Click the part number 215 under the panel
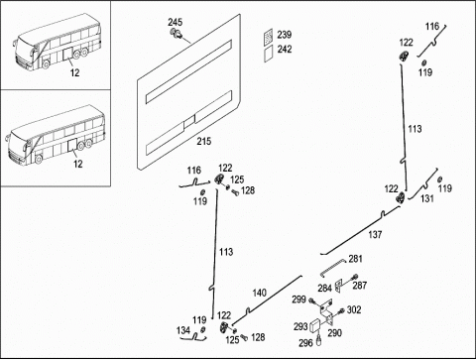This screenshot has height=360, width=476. pos(204,141)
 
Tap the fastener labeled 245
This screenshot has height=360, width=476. pos(176,34)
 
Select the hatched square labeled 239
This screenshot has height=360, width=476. pos(269,36)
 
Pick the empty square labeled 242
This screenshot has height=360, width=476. pos(269,54)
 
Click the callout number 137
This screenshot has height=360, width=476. pos(375,234)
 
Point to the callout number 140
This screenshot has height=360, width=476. pos(260,293)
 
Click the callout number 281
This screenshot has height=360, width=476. pos(355,259)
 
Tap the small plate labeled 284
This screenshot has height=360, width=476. pos(338,285)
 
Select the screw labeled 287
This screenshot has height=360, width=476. pos(356,277)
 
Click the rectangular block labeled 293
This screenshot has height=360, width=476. pos(315,325)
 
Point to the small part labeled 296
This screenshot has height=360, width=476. pos(319,340)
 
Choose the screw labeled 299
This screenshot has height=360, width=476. pos(311,300)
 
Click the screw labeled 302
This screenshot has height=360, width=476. pos(341,310)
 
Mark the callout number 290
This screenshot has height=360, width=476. pos(334,332)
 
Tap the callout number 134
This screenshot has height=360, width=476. pos(183,330)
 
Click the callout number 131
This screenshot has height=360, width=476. pos(426,198)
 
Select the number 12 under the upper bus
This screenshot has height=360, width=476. pos(75,72)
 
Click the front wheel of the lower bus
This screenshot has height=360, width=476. pos(39,159)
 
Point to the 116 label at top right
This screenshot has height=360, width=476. pos(432,26)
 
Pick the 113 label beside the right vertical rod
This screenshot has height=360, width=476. pos(415,129)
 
